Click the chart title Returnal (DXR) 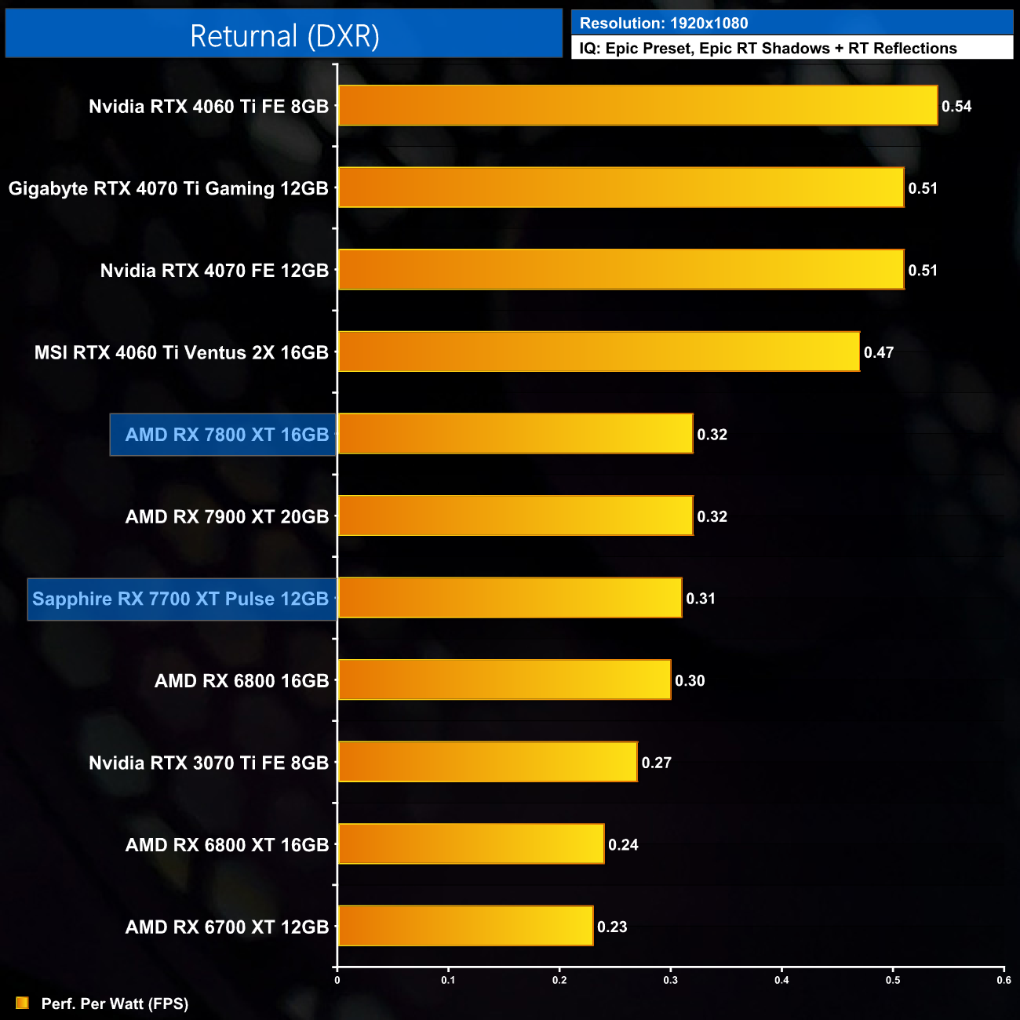point(284,36)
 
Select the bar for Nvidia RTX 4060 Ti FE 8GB point(637,106)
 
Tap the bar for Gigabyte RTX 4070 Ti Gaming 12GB point(621,188)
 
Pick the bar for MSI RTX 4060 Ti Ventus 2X point(599,352)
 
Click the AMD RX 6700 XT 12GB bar point(465,927)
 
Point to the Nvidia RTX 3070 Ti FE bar point(487,763)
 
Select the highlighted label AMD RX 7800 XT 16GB point(227,435)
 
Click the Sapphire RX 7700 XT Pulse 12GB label point(180,599)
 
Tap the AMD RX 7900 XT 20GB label point(227,517)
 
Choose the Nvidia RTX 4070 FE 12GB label point(214,271)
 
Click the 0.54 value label point(956,107)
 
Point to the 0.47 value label point(879,353)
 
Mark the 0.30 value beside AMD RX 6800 point(690,681)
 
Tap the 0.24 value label point(623,845)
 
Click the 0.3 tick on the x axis point(671,980)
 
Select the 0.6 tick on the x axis point(1004,980)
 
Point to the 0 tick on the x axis point(337,980)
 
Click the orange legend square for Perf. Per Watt point(22,1004)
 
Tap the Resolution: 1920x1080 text point(664,24)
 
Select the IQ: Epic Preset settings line point(768,49)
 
